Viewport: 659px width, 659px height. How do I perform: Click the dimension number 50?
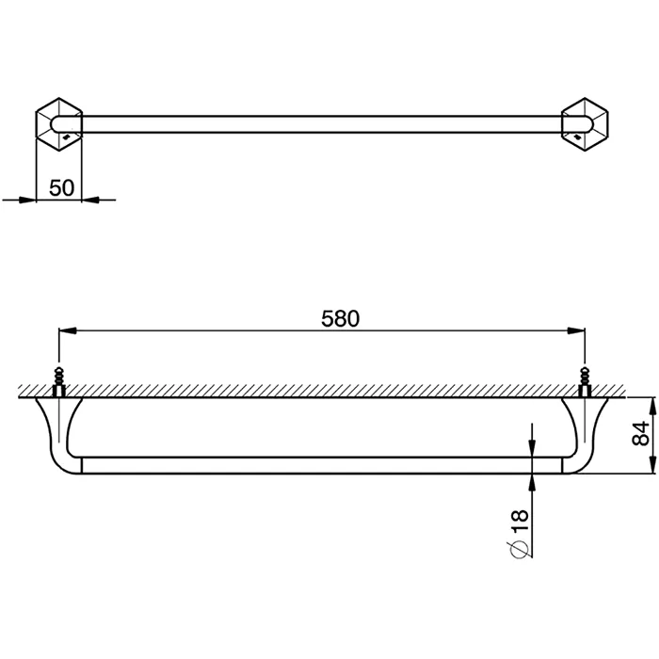[61, 187]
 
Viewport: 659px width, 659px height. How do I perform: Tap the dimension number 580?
[341, 318]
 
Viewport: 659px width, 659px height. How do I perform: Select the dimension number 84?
[640, 434]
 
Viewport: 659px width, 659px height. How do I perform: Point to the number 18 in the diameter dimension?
[520, 522]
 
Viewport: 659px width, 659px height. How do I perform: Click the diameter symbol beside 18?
[520, 548]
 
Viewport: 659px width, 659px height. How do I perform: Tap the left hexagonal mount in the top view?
[58, 124]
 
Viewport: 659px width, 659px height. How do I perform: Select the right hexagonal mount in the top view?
[585, 124]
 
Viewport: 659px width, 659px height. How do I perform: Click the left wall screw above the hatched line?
[58, 381]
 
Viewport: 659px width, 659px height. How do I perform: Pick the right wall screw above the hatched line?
[585, 381]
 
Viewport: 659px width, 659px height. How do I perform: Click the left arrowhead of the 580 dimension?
[67, 330]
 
